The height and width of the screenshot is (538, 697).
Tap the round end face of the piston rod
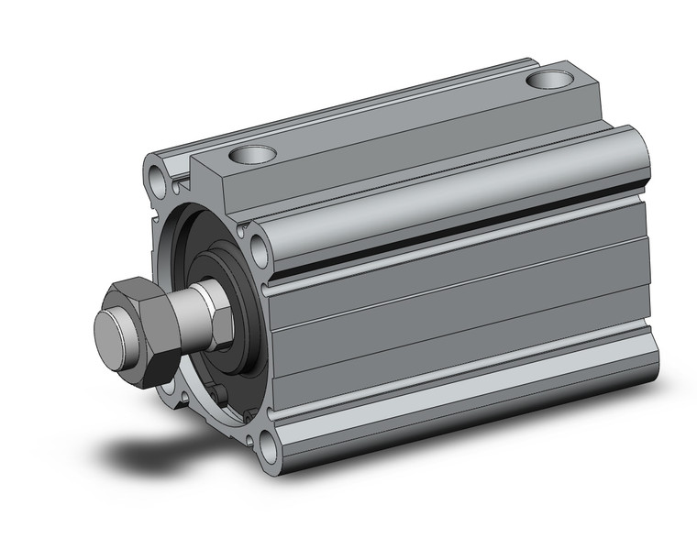pos(114,329)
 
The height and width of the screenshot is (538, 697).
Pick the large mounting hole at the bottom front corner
pos(269,448)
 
